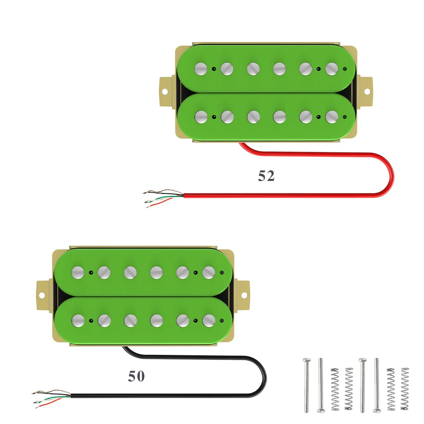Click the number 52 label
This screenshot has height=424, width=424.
point(266,176)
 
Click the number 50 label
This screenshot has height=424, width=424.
point(136,376)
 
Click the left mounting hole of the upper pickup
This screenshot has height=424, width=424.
point(165,92)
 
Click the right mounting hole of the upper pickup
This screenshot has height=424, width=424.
point(367,92)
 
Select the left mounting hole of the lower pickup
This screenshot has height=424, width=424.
point(42,296)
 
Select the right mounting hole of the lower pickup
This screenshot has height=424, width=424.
point(244,295)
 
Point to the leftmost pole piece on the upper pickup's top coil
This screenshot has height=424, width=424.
point(201,69)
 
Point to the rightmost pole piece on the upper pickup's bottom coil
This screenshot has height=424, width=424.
point(332,117)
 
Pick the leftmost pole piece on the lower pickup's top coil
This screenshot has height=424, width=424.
point(78,272)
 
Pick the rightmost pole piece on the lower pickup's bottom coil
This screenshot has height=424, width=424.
point(209,321)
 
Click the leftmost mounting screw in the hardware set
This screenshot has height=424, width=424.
point(307,385)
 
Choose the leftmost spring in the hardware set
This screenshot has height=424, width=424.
point(335,389)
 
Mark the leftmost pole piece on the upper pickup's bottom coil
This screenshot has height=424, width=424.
point(201,117)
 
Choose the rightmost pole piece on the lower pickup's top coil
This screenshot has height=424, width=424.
point(209,272)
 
